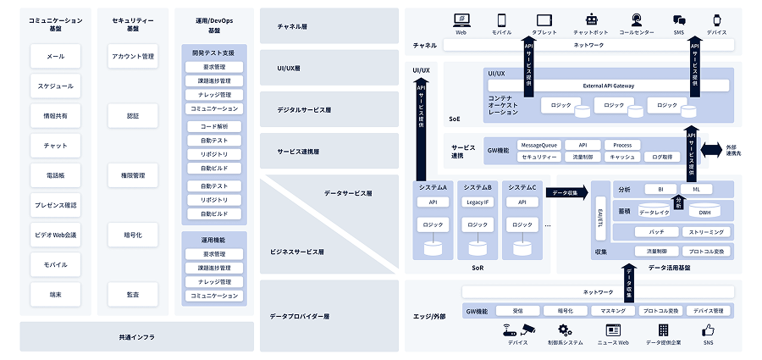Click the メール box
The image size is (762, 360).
(x=55, y=57)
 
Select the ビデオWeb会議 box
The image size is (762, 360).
(x=55, y=235)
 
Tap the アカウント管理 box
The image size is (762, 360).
(x=133, y=57)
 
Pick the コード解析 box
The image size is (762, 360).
(x=214, y=126)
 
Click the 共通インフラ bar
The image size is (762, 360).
(x=136, y=336)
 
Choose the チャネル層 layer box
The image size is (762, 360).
(x=329, y=27)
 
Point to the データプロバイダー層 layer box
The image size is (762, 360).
(x=329, y=316)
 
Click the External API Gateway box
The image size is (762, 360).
(x=609, y=86)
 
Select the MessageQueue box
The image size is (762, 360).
(x=538, y=145)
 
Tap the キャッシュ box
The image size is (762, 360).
(x=622, y=157)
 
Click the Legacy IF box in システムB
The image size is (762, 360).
(x=478, y=202)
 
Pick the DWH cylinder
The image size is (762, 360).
(x=704, y=210)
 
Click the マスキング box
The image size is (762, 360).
(x=612, y=311)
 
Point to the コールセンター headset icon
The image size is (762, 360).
(x=636, y=19)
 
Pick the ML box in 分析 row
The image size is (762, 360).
(x=696, y=189)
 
